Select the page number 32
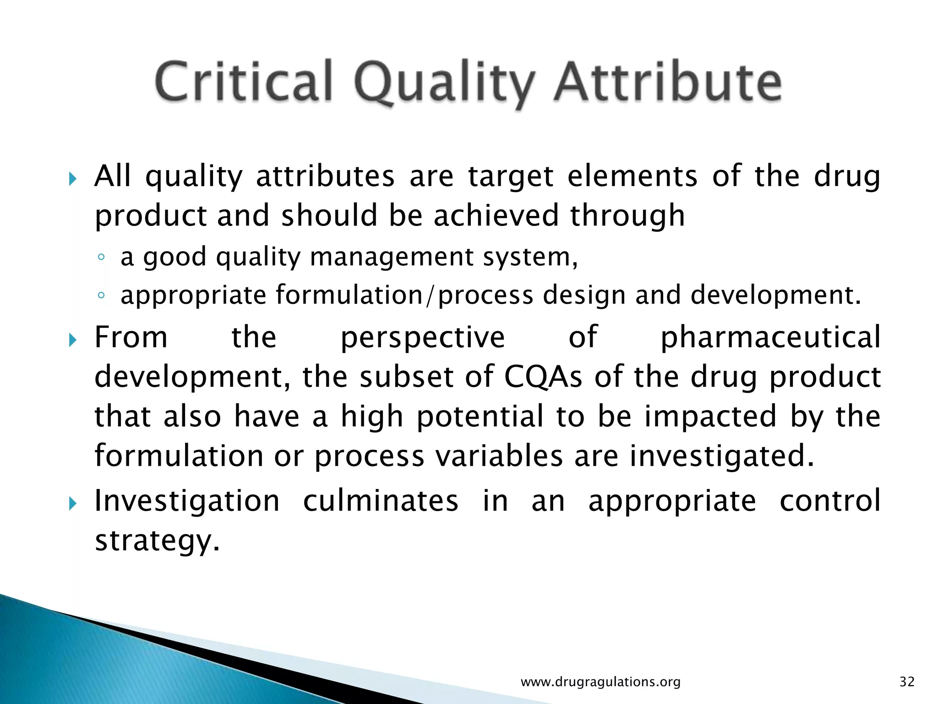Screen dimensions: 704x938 tap(907, 682)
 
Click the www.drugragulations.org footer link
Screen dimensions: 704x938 tap(600, 682)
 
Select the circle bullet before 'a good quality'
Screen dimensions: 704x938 tap(101, 257)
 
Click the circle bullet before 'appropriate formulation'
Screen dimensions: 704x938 tap(101, 296)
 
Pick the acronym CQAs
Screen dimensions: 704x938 tap(543, 377)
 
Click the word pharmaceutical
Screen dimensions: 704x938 tap(770, 337)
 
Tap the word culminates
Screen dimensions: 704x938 tap(381, 500)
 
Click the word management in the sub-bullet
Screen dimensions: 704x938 tap(391, 257)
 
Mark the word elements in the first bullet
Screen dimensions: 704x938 tap(632, 176)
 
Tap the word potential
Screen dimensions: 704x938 tap(480, 417)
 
